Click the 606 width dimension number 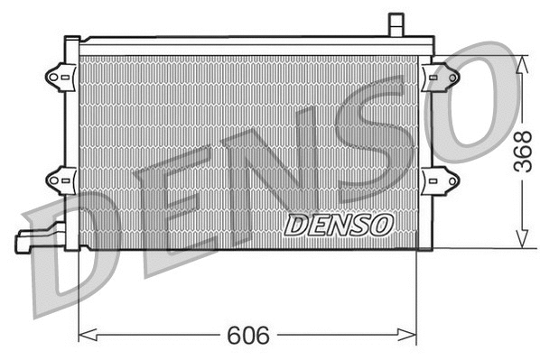249,336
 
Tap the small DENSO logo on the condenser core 339,223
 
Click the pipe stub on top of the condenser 395,24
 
